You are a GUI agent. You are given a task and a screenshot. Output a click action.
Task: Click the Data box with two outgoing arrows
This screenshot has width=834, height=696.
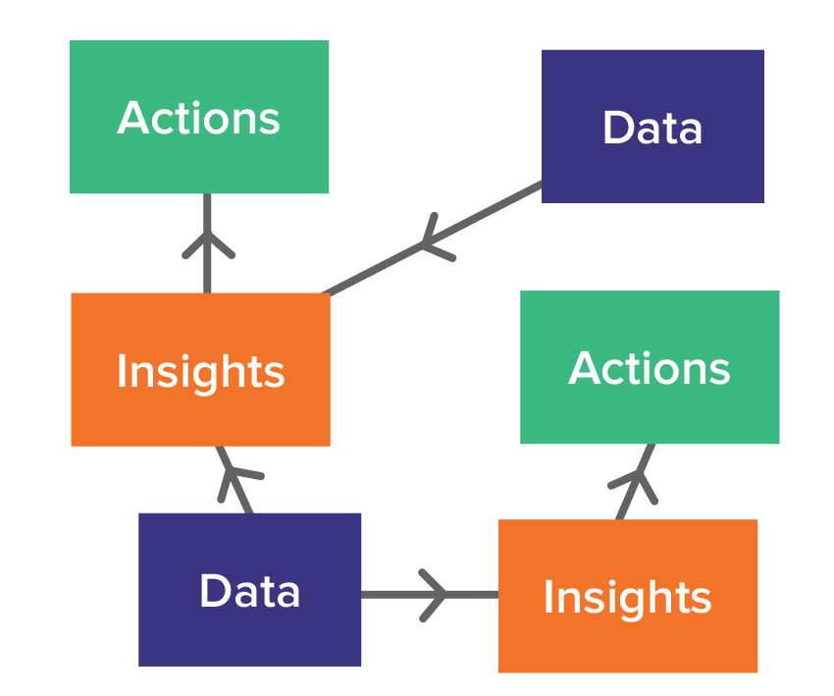pos(250,589)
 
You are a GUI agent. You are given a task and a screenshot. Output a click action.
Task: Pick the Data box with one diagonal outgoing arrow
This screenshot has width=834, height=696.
pos(652,126)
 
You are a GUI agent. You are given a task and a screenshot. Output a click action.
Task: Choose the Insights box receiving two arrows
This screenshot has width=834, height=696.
pos(200,369)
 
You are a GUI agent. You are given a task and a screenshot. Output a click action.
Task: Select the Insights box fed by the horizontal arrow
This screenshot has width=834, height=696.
pos(628,596)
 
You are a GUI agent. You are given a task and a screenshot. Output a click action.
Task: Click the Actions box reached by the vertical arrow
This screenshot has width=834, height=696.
pos(199,117)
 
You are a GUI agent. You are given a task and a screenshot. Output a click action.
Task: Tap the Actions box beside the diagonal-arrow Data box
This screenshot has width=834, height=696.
pos(650,367)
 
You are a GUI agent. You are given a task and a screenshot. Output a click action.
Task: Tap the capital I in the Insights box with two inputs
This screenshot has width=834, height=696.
pos(121,371)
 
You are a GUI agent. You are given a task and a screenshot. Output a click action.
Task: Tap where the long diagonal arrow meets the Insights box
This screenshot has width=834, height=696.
pos(327,293)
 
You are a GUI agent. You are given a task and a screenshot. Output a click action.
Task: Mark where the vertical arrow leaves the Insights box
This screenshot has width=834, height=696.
pos(207,291)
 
